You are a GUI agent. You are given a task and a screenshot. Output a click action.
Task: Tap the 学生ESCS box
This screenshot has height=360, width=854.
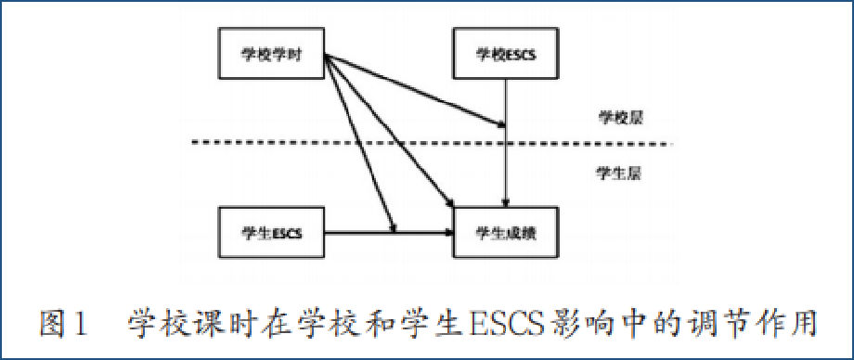pyautogui.click(x=272, y=232)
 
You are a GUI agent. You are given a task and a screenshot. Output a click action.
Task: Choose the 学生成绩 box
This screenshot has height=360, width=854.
pyautogui.click(x=506, y=232)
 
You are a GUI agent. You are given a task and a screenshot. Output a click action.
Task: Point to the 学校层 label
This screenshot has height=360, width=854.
pyautogui.click(x=620, y=118)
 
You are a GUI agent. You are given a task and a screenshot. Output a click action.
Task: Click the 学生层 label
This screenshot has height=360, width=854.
pyautogui.click(x=620, y=173)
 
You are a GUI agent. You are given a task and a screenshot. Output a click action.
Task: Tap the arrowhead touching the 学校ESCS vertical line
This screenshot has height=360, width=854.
pyautogui.click(x=500, y=123)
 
